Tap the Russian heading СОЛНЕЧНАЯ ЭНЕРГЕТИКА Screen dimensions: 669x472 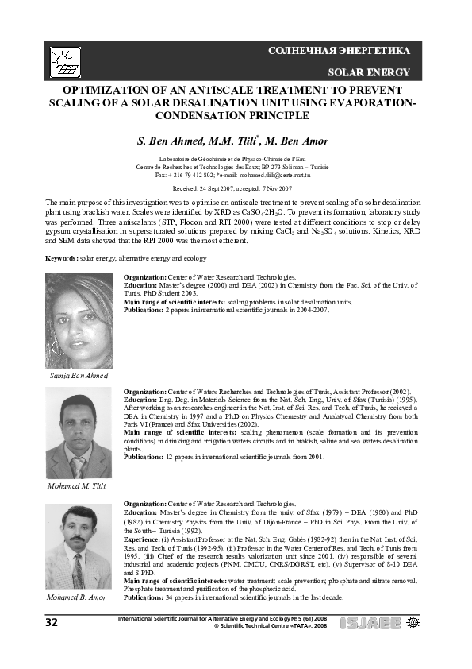coord(339,51)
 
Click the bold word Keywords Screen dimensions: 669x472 coord(61,259)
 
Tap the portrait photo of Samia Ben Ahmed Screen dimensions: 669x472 coord(79,321)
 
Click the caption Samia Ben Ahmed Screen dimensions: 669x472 coord(79,375)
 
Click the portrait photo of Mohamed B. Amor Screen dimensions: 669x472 coord(79,547)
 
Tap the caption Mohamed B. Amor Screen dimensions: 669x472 coord(76,596)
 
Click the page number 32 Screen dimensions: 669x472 coord(52,622)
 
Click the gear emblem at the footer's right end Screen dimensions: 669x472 coord(413,622)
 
